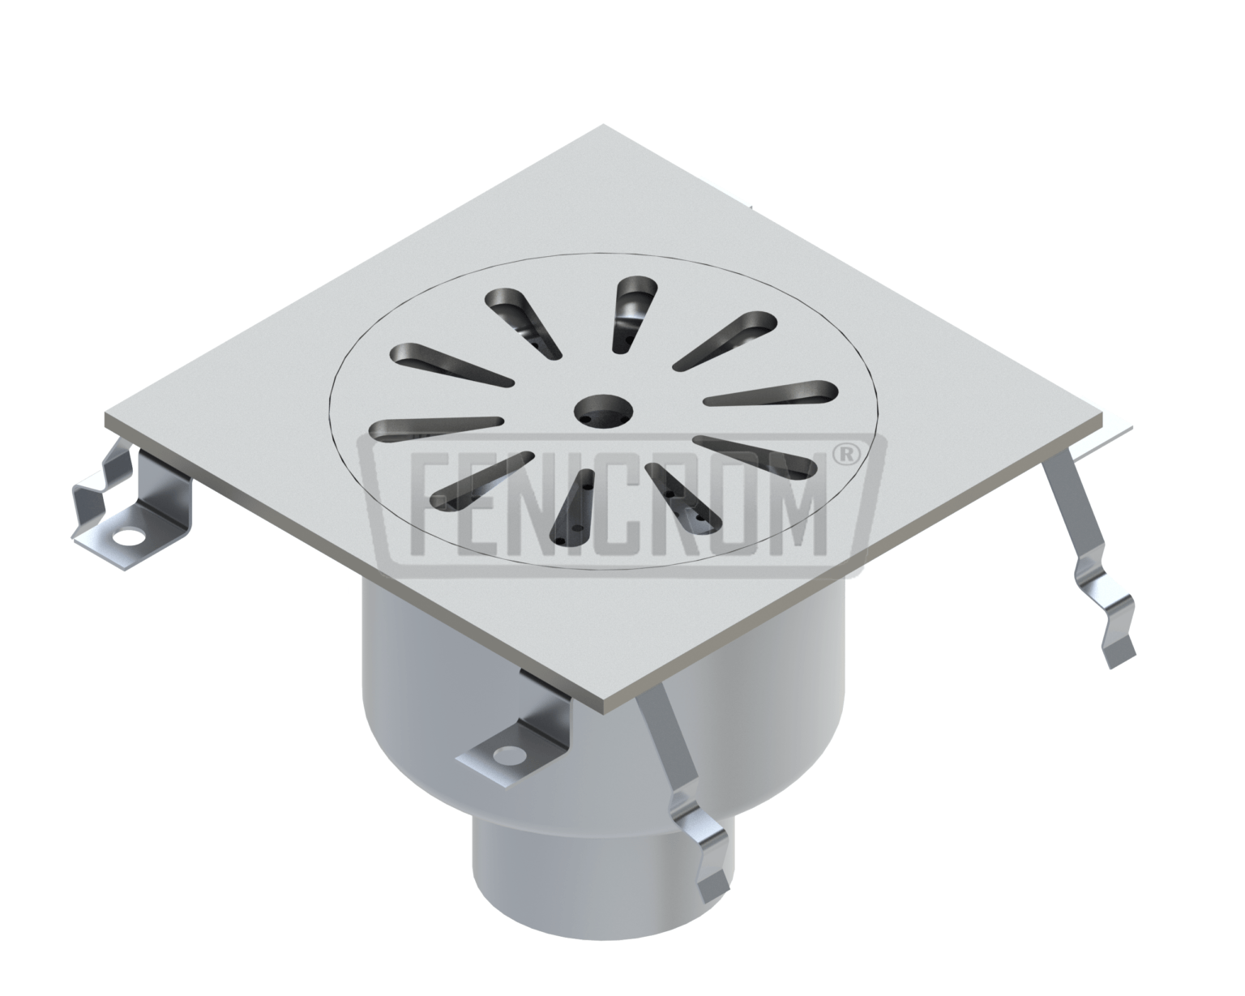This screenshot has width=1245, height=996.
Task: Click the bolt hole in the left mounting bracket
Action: click(x=127, y=536)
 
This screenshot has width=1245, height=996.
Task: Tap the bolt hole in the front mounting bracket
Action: click(x=509, y=759)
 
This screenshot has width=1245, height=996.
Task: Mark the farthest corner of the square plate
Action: click(x=603, y=128)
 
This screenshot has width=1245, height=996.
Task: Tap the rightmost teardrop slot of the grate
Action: click(x=770, y=392)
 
